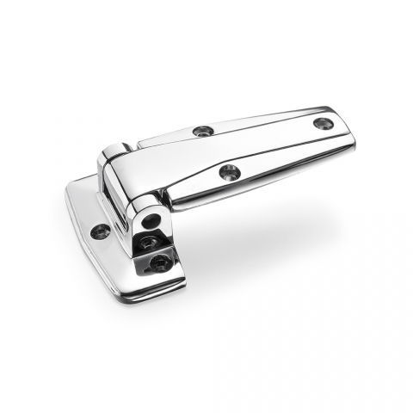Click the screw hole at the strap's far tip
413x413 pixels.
coord(323,124)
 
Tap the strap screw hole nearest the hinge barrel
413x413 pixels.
coord(203,131)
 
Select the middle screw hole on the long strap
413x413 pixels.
coord(229,172)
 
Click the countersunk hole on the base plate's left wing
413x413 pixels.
coord(101,231)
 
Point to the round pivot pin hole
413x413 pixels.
coord(151,221)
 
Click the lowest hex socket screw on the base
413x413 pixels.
coord(160,263)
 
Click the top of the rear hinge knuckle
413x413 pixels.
coord(114,151)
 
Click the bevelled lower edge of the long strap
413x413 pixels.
coord(258,186)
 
